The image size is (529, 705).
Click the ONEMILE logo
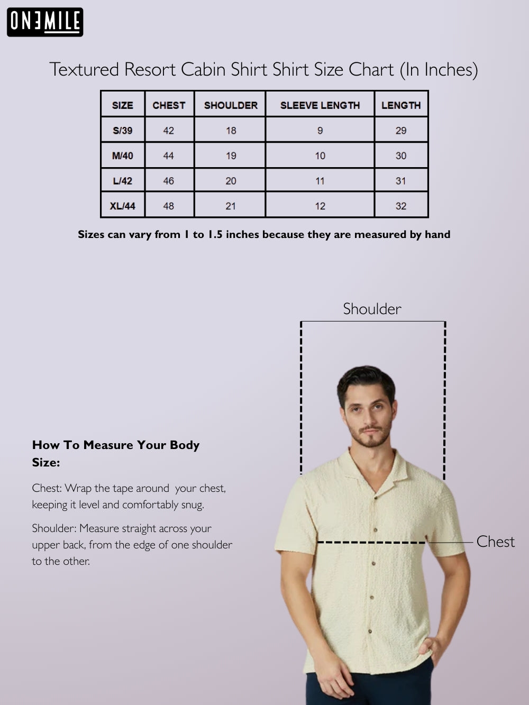pos(45,22)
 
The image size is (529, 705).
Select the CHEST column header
pos(169,105)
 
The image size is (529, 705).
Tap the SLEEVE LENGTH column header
pos(320,105)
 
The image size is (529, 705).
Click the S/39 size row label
pos(122,131)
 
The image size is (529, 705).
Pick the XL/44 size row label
pos(122,206)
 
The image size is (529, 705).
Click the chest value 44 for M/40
pos(168,155)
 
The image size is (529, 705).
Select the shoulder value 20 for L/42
pos(231,181)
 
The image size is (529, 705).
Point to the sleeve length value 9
pos(320,131)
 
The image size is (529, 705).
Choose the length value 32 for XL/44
pos(401,206)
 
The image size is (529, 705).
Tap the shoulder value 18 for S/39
pos(231,131)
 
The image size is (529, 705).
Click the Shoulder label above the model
pos(372,309)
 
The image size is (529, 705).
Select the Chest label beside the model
pos(495,542)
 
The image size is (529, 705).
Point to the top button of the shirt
pos(376,529)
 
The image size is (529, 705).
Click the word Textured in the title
pos(84,70)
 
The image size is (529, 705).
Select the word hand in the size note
pos(437,234)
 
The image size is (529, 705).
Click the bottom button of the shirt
pos(370,631)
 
